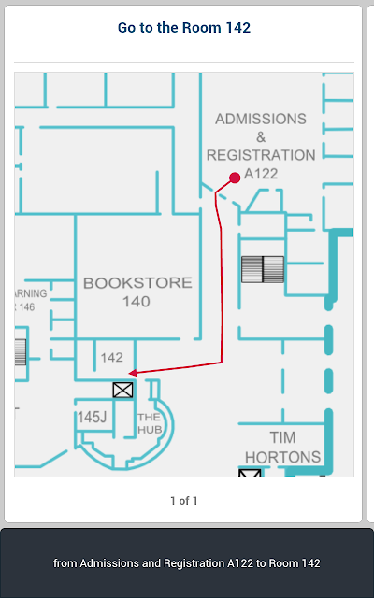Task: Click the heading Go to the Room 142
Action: pyautogui.click(x=184, y=28)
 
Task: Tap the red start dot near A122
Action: pyautogui.click(x=235, y=178)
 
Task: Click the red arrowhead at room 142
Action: pyautogui.click(x=133, y=373)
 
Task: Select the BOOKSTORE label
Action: pyautogui.click(x=137, y=282)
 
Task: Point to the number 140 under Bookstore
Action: pyautogui.click(x=137, y=302)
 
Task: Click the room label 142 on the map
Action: pyautogui.click(x=112, y=357)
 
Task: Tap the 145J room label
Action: pyautogui.click(x=92, y=418)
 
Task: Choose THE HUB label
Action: pyautogui.click(x=150, y=423)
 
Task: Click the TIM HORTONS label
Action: pyautogui.click(x=282, y=447)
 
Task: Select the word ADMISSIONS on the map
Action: pyautogui.click(x=261, y=119)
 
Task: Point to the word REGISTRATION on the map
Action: pyautogui.click(x=261, y=155)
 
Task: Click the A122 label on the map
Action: pyautogui.click(x=261, y=174)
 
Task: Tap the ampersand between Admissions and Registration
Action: pyautogui.click(x=261, y=137)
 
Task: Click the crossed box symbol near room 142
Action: pyautogui.click(x=122, y=391)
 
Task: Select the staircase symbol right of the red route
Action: pyautogui.click(x=263, y=269)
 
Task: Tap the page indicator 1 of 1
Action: pyautogui.click(x=184, y=501)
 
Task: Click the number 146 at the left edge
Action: pyautogui.click(x=27, y=307)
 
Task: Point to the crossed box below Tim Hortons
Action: pyautogui.click(x=250, y=473)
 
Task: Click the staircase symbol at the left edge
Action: pyautogui.click(x=21, y=352)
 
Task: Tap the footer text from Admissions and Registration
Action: pyautogui.click(x=187, y=563)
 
